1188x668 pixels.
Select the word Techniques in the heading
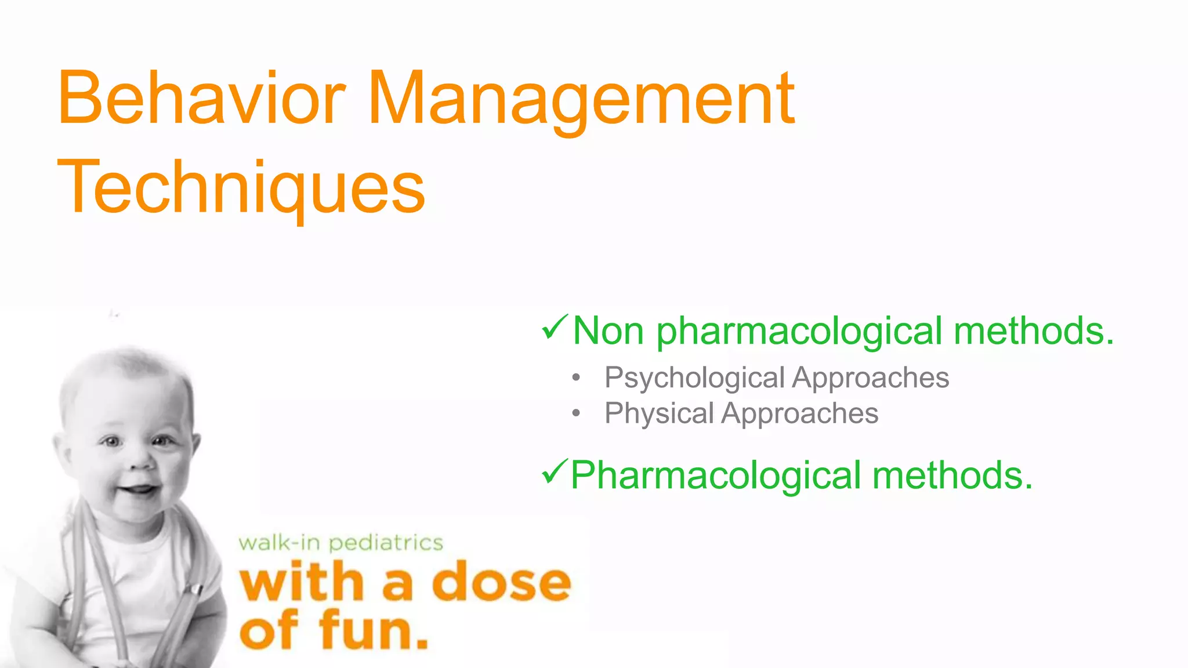(x=241, y=187)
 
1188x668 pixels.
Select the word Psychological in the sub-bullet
(x=694, y=378)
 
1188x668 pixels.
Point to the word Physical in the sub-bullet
(x=659, y=413)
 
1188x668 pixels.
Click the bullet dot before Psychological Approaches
(x=575, y=378)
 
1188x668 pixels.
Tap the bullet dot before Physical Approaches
(x=575, y=413)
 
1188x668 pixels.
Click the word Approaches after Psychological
(x=871, y=378)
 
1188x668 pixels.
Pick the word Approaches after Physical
(x=800, y=413)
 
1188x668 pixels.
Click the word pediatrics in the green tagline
(x=386, y=543)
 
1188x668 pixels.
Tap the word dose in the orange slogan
(x=501, y=582)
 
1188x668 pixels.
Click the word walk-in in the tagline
(x=279, y=543)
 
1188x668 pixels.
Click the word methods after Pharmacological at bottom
(x=952, y=475)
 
